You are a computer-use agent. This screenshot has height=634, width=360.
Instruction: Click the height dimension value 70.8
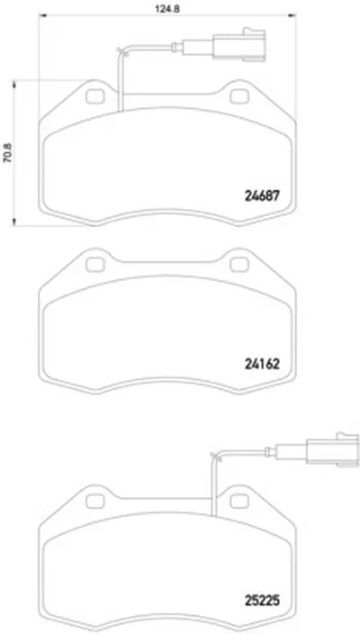[x=7, y=153]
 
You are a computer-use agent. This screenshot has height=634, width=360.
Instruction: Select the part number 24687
[x=262, y=196]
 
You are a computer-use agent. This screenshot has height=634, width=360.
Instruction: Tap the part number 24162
[x=262, y=365]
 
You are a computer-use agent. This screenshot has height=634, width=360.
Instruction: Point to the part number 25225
[x=262, y=602]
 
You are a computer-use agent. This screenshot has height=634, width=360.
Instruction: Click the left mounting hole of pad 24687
[x=95, y=96]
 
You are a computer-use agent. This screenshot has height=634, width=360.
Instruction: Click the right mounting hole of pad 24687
[x=239, y=96]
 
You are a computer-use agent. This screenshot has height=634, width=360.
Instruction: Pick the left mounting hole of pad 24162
[x=95, y=265]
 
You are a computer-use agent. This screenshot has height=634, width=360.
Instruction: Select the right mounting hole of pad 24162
[x=239, y=265]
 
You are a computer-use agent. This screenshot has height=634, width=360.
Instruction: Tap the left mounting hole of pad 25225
[x=95, y=502]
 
